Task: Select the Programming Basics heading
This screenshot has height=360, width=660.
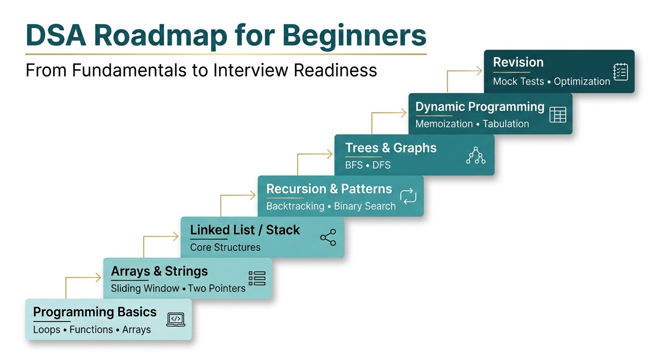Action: coord(95,312)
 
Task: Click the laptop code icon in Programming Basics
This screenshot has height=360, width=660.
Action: coord(176,319)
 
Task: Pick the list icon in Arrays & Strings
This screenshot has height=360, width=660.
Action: coord(257,278)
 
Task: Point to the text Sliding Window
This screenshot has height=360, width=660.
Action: coord(145,288)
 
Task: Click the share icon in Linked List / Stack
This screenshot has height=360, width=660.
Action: coord(328,237)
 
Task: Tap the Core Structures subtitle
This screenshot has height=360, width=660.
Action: coord(225,247)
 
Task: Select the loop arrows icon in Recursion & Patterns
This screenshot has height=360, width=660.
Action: coord(408,196)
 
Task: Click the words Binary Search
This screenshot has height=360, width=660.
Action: coord(365,206)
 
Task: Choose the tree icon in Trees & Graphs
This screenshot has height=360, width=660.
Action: coord(476,155)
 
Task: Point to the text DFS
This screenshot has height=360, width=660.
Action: coord(382,165)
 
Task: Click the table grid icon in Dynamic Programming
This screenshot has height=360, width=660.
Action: coord(557,114)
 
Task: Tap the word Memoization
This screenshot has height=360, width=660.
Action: coord(444,124)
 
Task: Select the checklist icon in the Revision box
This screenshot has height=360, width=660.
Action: coord(620,72)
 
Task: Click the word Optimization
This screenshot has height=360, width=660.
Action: coord(582,82)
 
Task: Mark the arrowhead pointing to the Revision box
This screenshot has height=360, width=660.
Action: coord(480,71)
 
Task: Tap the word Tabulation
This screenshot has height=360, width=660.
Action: coord(506,124)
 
